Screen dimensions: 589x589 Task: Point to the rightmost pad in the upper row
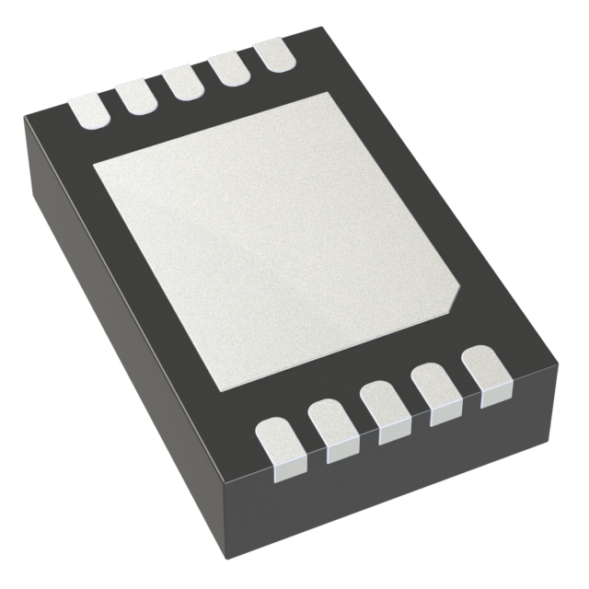coord(272,52)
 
